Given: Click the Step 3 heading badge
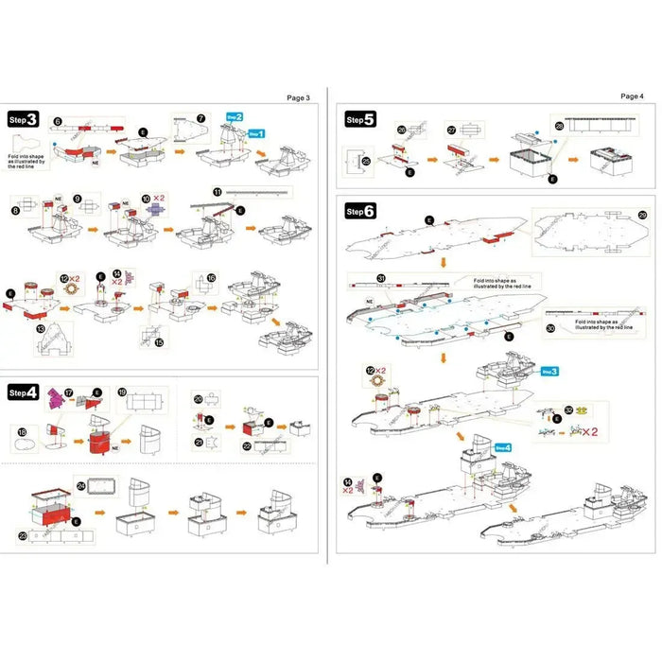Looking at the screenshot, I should tap(24, 120).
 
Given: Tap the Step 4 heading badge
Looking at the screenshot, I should tap(24, 391).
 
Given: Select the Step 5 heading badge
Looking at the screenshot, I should tap(360, 120).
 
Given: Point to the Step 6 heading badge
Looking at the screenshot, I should tap(360, 211).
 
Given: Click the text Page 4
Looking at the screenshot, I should tap(631, 96).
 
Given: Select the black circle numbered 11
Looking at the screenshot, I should tap(218, 192).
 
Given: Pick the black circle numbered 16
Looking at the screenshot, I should tap(211, 278).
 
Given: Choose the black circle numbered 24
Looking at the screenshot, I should tap(81, 486).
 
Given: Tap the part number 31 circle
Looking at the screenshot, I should tap(381, 279).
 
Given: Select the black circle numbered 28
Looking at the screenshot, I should tap(559, 126).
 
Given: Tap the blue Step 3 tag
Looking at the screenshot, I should tap(549, 373).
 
